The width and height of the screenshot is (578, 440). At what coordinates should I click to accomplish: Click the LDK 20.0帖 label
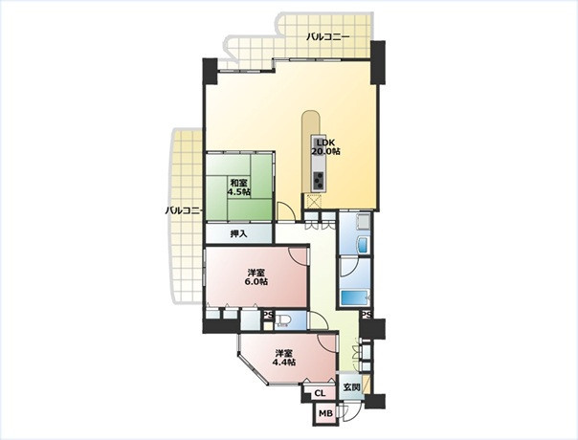pos(326,146)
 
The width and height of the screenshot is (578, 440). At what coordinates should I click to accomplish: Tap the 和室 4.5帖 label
pos(239,187)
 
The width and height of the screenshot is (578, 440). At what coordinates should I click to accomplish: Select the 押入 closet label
pos(238,233)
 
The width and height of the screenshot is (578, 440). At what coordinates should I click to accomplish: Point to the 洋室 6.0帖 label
pos(257,277)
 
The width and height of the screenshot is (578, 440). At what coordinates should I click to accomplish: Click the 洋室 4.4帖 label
pos(284,357)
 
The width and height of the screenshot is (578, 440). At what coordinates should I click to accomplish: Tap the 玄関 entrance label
pos(351,387)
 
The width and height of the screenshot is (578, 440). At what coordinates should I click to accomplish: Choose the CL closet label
pos(320,393)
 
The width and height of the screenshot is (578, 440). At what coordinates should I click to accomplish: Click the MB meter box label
pos(325,413)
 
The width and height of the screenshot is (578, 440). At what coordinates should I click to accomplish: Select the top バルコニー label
pos(328,37)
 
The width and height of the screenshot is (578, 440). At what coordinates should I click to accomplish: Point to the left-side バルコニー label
pos(184,210)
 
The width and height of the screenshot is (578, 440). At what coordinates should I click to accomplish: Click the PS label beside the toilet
pos(268,315)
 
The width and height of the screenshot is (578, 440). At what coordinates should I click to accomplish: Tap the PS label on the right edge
pos(367,315)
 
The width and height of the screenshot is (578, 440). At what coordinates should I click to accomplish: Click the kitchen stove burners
pos(319,181)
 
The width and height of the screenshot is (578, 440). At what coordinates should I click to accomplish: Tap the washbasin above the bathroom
pos(363,244)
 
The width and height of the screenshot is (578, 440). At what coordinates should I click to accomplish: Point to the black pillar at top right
pos(378,62)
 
